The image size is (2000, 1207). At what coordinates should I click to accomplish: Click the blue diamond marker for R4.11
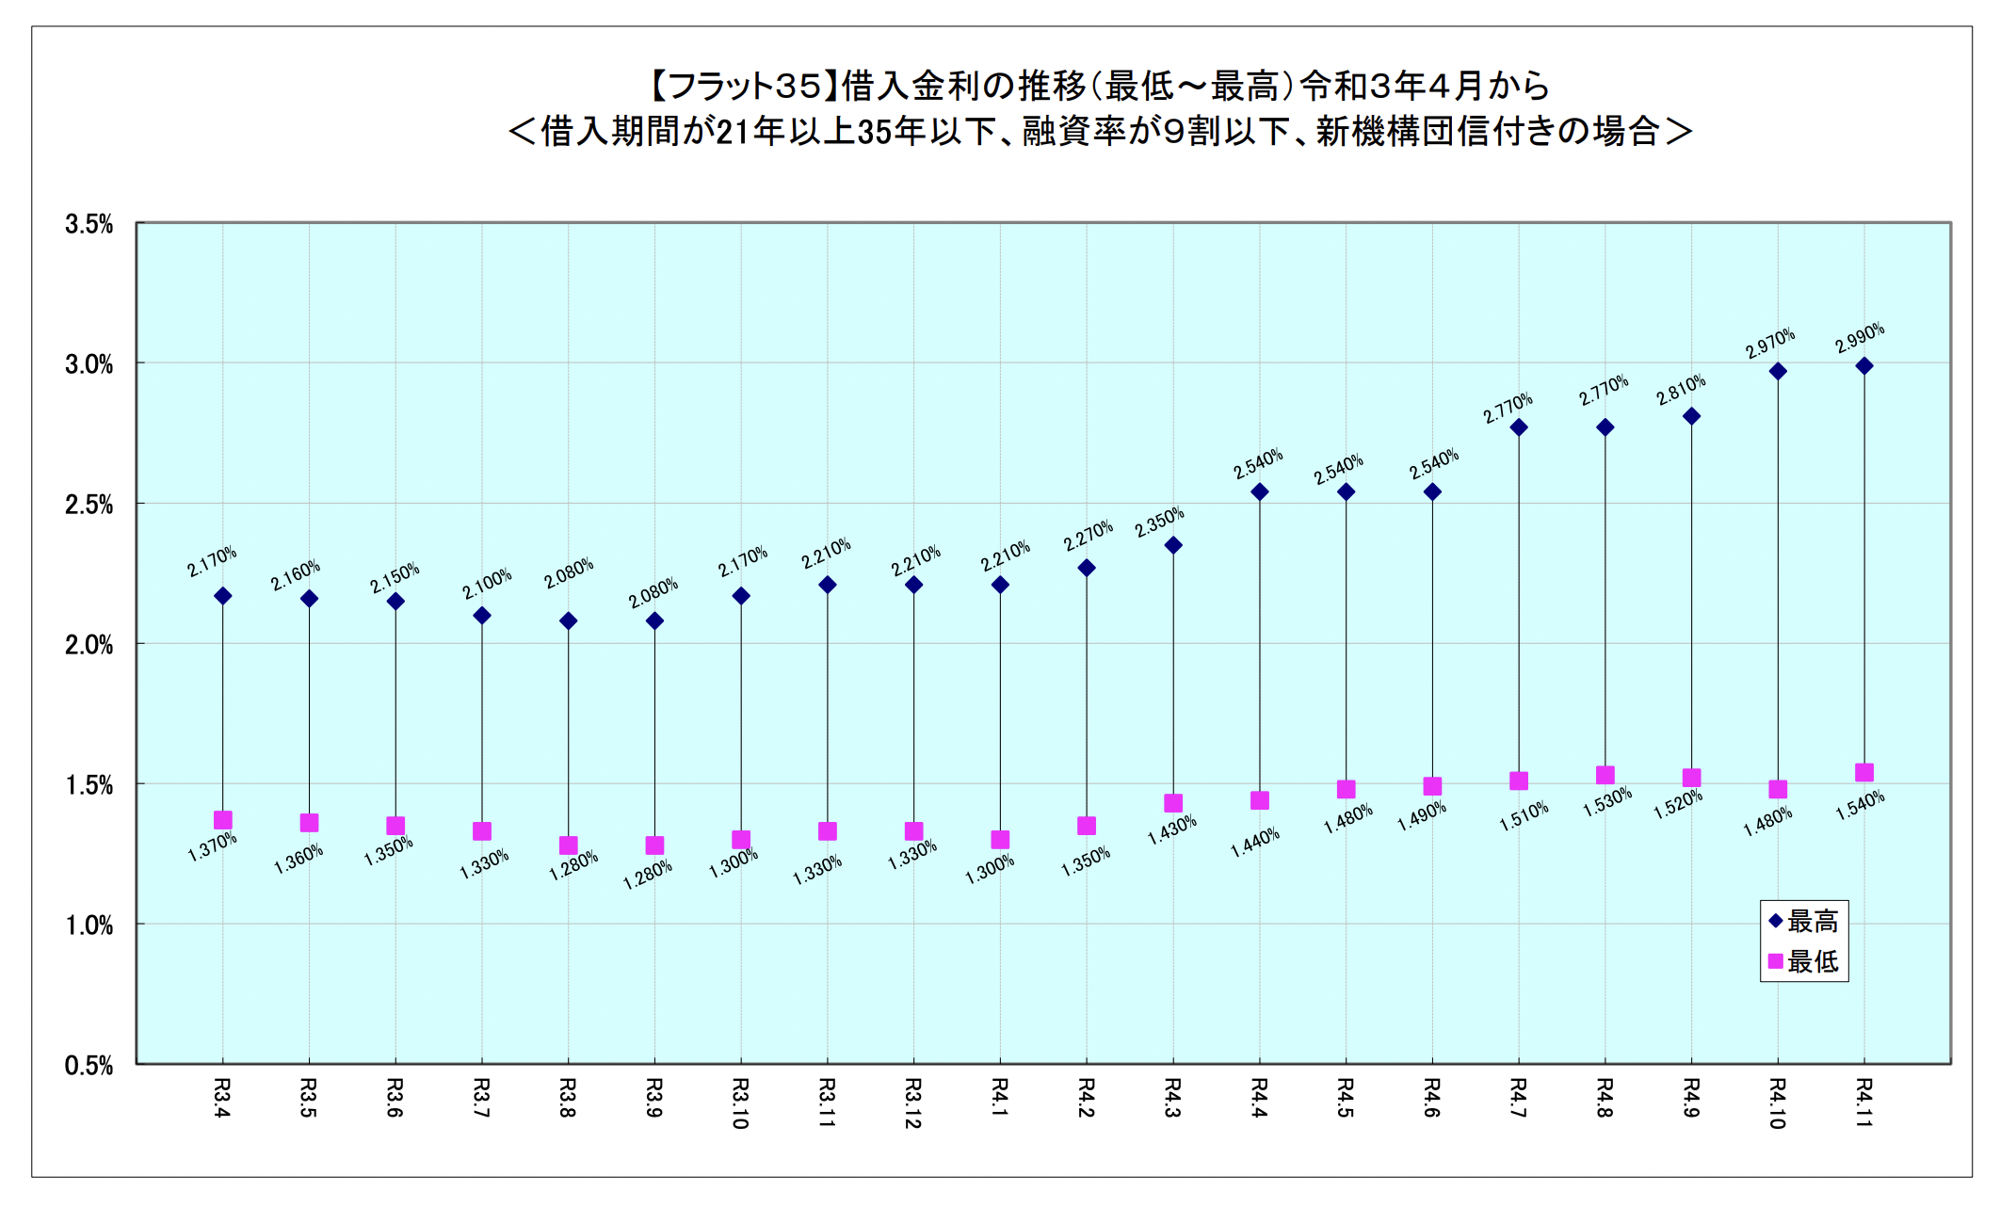tap(1863, 366)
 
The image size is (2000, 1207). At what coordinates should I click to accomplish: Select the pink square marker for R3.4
tap(223, 820)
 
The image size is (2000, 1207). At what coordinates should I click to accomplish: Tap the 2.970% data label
tap(1769, 343)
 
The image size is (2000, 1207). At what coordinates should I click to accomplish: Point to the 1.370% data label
tap(212, 846)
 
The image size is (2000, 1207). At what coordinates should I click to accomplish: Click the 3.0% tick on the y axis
tap(89, 364)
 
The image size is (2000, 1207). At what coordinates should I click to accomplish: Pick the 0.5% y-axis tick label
tap(89, 1066)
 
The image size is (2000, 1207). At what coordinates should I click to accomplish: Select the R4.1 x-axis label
tap(1000, 1098)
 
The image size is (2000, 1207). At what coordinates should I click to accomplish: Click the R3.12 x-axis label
tap(913, 1103)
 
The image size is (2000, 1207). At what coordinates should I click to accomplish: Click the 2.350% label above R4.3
tap(1159, 523)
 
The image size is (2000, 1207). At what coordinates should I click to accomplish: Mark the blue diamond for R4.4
tap(1259, 491)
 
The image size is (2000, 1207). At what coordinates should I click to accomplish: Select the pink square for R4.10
tap(1778, 789)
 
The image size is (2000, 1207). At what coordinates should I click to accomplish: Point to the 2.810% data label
tap(1681, 390)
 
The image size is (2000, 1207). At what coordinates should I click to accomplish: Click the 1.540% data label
tap(1860, 805)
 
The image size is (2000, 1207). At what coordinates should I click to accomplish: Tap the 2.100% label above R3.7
tap(486, 584)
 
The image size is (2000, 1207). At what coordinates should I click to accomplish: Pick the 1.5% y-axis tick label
tap(89, 785)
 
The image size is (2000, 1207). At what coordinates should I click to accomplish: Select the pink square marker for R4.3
tap(1173, 803)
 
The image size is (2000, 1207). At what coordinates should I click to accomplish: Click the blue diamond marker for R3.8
tap(568, 620)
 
